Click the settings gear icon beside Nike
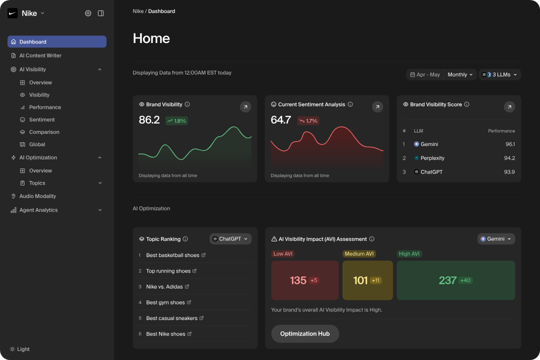[x=88, y=13]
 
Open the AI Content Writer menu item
[x=40, y=55]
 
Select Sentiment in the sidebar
[x=41, y=119]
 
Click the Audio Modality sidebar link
[x=37, y=196]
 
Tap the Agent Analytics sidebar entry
[x=38, y=210]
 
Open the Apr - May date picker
[x=425, y=74]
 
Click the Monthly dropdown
[x=460, y=74]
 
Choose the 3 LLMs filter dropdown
[x=499, y=74]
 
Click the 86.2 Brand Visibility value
[x=149, y=120]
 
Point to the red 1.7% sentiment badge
[x=308, y=120]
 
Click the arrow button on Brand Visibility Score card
[x=509, y=106]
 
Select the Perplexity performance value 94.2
[x=509, y=158]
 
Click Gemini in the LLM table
[x=428, y=144]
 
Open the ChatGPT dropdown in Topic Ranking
[x=230, y=239]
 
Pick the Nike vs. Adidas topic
[x=164, y=286]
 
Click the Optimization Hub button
[x=304, y=333]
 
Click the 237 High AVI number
[x=447, y=280]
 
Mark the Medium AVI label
[x=359, y=253]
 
